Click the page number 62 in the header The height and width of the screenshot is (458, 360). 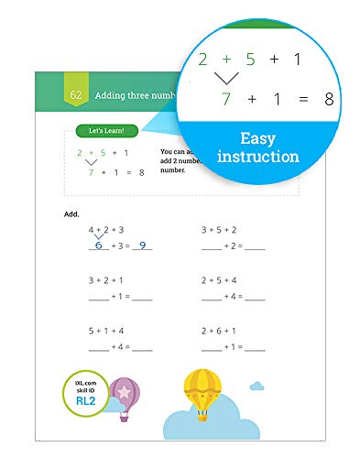point(75,94)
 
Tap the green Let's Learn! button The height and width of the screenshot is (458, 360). point(107,131)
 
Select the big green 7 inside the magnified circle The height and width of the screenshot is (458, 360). point(226,97)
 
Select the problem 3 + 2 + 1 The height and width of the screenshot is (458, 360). point(106,280)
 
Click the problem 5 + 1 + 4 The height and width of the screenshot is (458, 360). point(106,331)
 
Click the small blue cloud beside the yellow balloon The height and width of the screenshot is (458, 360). point(257,386)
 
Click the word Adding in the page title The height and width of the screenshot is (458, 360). point(115,94)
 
